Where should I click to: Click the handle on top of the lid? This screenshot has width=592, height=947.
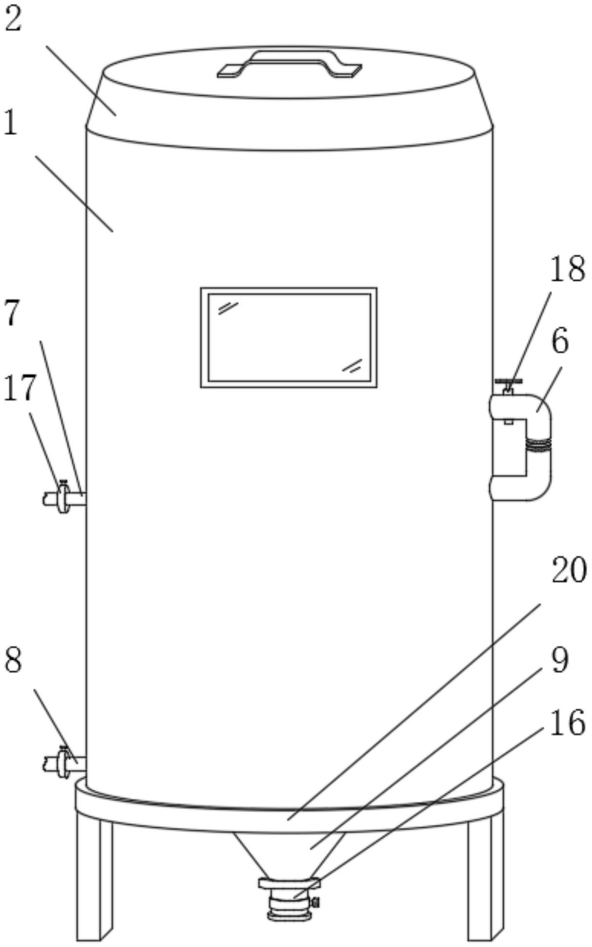[x=289, y=64]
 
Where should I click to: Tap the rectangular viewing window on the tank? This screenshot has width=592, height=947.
[x=289, y=337]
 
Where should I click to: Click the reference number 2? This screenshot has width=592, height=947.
[x=13, y=21]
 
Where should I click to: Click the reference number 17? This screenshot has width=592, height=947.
[x=20, y=388]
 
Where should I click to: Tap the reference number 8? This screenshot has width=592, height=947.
[x=13, y=661]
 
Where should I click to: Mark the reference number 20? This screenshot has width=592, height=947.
[x=569, y=571]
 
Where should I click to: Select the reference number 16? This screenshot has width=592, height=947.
[x=567, y=724]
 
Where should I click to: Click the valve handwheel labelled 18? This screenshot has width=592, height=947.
[x=508, y=381]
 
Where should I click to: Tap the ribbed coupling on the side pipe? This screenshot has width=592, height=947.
[x=538, y=444]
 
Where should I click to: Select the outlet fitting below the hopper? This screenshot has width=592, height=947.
[x=290, y=900]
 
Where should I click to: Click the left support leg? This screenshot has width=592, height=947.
[x=94, y=878]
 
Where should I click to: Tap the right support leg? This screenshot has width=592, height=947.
[x=485, y=878]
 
